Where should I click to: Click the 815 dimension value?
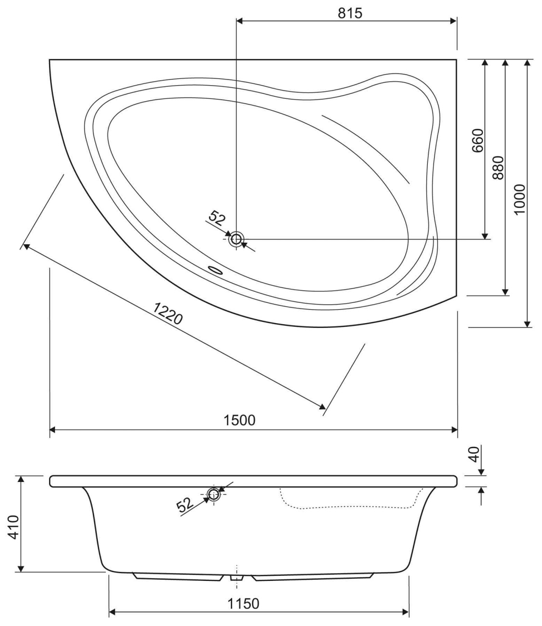point(350,13)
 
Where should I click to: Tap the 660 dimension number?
point(478,141)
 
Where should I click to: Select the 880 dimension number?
point(498,168)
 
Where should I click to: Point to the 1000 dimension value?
point(519,199)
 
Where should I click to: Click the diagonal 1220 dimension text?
point(168,313)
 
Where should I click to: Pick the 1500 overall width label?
point(239,420)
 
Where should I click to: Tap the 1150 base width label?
point(243,595)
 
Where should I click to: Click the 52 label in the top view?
point(217,218)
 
